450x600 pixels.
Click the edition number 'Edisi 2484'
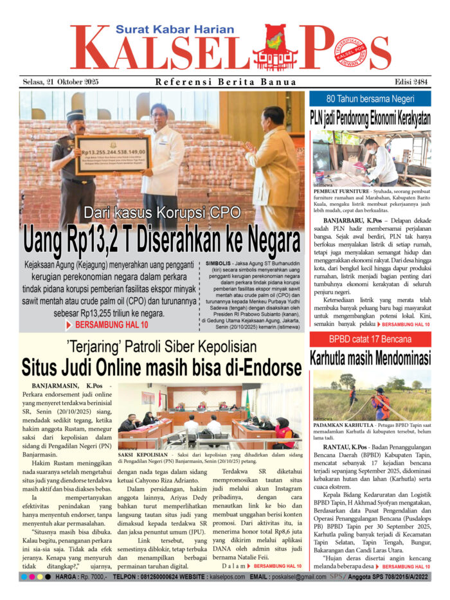click(410, 82)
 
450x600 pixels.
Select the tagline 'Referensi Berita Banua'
click(226, 82)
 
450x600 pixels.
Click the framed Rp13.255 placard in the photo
click(113, 154)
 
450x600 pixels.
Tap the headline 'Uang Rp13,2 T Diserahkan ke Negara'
click(162, 241)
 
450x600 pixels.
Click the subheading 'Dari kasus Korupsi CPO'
click(161, 213)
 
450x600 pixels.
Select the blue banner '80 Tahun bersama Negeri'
click(370, 99)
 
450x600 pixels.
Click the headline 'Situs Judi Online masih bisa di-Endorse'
click(162, 367)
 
